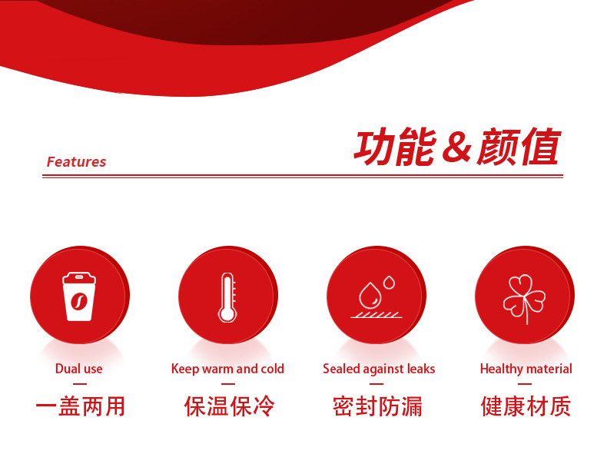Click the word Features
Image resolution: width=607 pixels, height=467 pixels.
[76, 162]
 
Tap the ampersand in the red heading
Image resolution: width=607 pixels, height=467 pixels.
[456, 147]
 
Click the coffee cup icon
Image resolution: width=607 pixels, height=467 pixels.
[79, 296]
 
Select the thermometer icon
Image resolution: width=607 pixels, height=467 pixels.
[227, 297]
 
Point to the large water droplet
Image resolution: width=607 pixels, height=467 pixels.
[370, 295]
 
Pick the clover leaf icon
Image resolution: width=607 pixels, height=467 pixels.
[524, 299]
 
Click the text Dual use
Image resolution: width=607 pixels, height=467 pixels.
[79, 369]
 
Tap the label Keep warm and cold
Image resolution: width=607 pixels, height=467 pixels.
[227, 369]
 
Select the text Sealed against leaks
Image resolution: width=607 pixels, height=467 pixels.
[379, 369]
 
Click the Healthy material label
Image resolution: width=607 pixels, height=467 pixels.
[526, 369]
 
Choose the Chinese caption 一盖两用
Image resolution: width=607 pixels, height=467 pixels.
[80, 406]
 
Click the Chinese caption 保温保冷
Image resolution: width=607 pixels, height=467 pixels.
[229, 406]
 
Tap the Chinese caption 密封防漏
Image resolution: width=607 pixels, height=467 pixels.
[377, 406]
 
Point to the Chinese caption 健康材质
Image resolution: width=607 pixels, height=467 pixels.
[526, 406]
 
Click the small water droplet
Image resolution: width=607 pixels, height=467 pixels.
[389, 283]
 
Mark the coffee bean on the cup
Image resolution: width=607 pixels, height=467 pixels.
[79, 301]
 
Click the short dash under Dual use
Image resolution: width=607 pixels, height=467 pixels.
[80, 384]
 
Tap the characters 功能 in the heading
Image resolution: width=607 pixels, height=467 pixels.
[396, 147]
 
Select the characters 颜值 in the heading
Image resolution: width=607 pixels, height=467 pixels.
[519, 147]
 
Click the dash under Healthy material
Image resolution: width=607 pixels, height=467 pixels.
[525, 384]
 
